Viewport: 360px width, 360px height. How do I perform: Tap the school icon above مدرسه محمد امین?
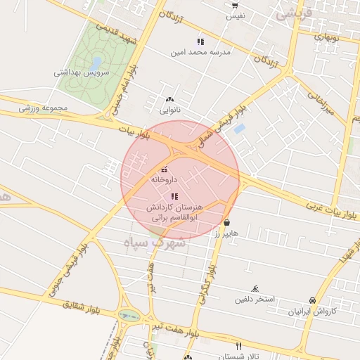point(200,41)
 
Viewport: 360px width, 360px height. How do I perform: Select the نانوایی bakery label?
point(169,110)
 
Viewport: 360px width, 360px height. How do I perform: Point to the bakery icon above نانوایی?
point(169,99)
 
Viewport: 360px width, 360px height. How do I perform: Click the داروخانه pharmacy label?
point(165,180)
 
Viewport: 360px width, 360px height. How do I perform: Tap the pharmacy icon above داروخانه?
point(165,169)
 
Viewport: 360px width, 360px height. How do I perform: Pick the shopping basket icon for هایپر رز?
point(226,222)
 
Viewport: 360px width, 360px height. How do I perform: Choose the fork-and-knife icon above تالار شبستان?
point(239,346)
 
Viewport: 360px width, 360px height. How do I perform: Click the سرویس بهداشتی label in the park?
point(82,72)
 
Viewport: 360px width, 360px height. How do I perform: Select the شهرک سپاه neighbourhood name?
point(154,243)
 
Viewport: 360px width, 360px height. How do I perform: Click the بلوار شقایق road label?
point(78,305)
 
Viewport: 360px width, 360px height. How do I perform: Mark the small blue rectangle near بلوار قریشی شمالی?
point(239,129)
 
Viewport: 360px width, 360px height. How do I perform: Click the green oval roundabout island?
point(128,316)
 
